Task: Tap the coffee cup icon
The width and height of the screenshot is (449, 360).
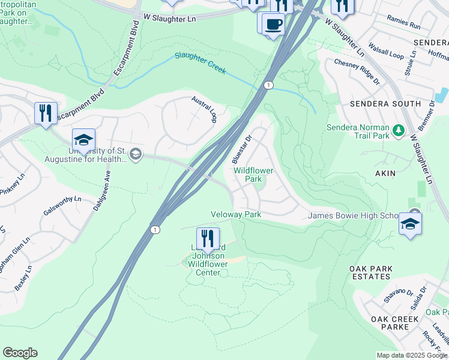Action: (x=273, y=24)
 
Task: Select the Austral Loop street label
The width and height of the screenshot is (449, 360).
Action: (x=204, y=109)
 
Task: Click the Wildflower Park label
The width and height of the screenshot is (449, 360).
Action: (x=253, y=175)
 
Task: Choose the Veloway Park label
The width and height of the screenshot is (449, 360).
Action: (x=235, y=214)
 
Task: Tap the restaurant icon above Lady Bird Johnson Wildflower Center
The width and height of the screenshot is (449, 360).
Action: (x=207, y=238)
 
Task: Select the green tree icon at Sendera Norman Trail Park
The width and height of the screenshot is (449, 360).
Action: (x=397, y=130)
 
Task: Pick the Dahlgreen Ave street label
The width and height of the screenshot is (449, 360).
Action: (x=101, y=189)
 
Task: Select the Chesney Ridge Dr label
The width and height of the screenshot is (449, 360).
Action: (x=357, y=71)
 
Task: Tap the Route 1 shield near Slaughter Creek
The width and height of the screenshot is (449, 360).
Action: (x=268, y=85)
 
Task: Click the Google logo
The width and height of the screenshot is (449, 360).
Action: (x=20, y=353)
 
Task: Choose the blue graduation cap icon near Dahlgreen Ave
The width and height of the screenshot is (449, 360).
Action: (x=83, y=140)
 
